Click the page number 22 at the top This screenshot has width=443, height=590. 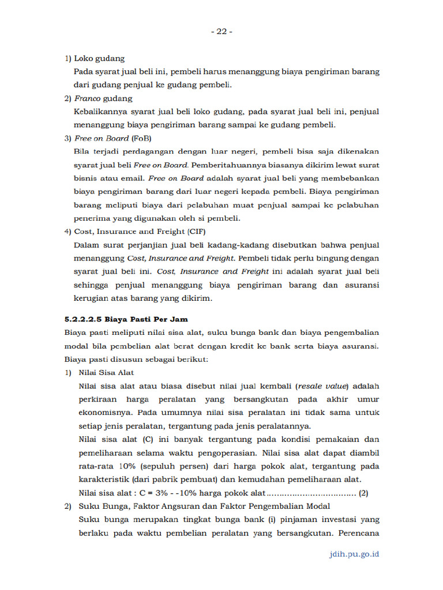click(221, 32)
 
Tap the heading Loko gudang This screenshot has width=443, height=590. click(99, 58)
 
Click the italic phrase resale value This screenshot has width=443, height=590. click(324, 386)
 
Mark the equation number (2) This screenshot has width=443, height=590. click(363, 493)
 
